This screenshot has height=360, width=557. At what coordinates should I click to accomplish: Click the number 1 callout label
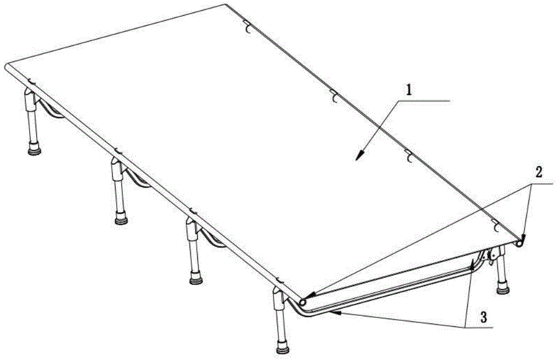pyautogui.click(x=409, y=90)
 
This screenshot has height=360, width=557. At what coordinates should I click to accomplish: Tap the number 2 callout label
pyautogui.click(x=538, y=173)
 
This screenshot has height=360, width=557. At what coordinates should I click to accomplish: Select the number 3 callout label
pyautogui.click(x=484, y=317)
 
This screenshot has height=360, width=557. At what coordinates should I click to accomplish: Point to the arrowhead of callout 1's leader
pyautogui.click(x=361, y=156)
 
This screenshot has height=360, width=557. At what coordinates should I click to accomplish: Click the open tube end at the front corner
pyautogui.click(x=303, y=302)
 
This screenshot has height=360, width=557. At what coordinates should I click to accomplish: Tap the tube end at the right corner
pyautogui.click(x=520, y=243)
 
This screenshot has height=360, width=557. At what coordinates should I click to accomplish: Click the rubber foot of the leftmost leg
pyautogui.click(x=35, y=149)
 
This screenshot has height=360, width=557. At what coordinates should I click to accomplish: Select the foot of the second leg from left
pyautogui.click(x=122, y=219)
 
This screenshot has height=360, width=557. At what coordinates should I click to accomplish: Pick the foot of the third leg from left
pyautogui.click(x=196, y=278)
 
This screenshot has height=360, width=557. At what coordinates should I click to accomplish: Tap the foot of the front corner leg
pyautogui.click(x=283, y=347)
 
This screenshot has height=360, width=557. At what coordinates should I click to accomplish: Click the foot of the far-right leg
pyautogui.click(x=503, y=288)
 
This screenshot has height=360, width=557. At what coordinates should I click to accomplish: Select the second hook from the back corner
pyautogui.click(x=333, y=96)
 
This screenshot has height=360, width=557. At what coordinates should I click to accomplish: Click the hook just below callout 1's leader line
pyautogui.click(x=409, y=157)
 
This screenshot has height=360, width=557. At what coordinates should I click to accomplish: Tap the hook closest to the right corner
pyautogui.click(x=496, y=226)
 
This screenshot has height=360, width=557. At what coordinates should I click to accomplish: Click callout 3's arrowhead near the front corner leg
pyautogui.click(x=335, y=312)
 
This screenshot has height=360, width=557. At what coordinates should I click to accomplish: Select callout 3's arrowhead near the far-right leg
pyautogui.click(x=473, y=264)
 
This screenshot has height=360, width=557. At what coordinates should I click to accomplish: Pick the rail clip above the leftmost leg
pyautogui.click(x=30, y=82)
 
